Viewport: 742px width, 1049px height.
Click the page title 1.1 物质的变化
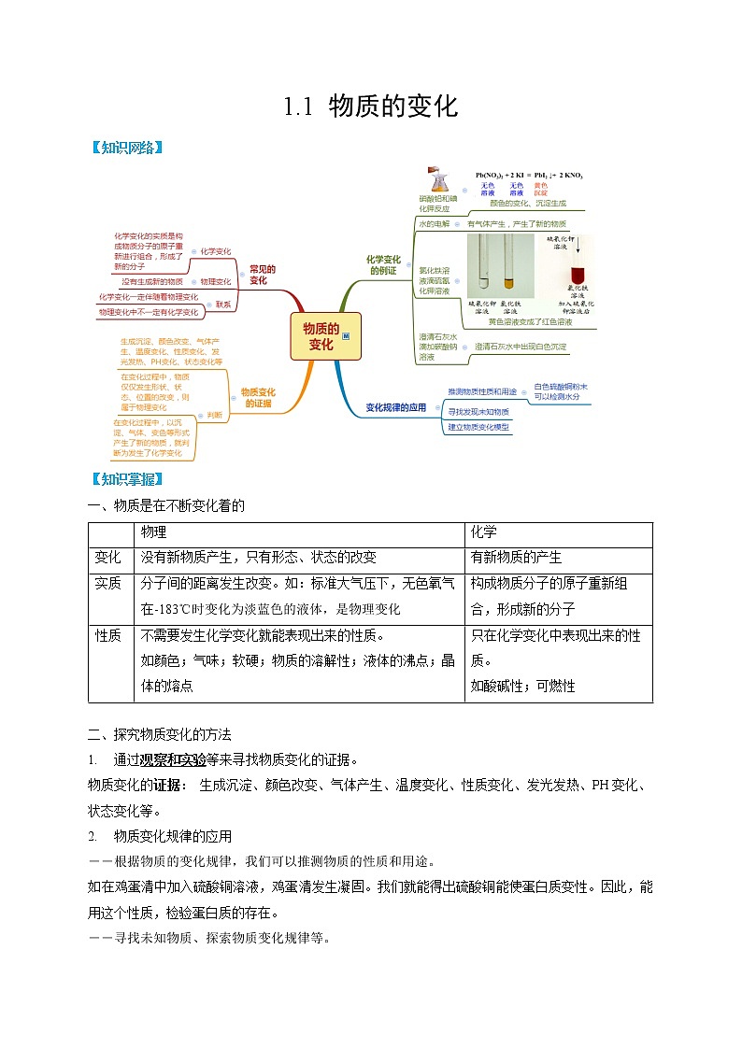[371, 106]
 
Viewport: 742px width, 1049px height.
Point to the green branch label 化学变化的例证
[382, 264]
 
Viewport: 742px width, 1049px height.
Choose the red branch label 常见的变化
[258, 275]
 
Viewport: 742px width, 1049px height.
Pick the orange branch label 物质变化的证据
[258, 398]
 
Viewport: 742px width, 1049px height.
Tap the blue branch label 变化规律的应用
[395, 407]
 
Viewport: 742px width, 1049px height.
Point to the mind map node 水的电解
[434, 224]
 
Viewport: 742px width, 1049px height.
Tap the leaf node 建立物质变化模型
[478, 427]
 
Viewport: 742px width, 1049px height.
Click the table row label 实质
[108, 583]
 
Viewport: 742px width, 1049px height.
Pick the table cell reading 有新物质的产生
[517, 557]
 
